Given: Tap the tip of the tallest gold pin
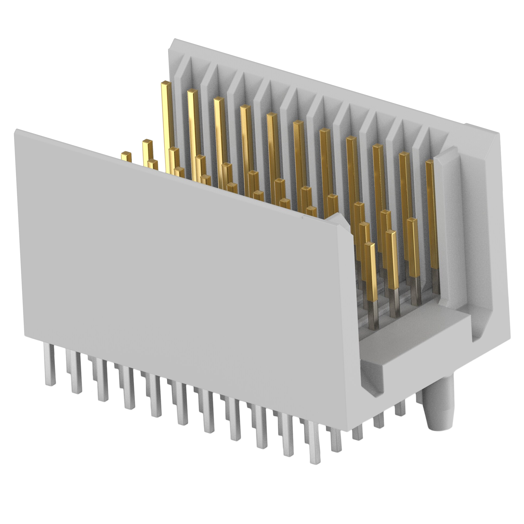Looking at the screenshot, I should click(x=165, y=83).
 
